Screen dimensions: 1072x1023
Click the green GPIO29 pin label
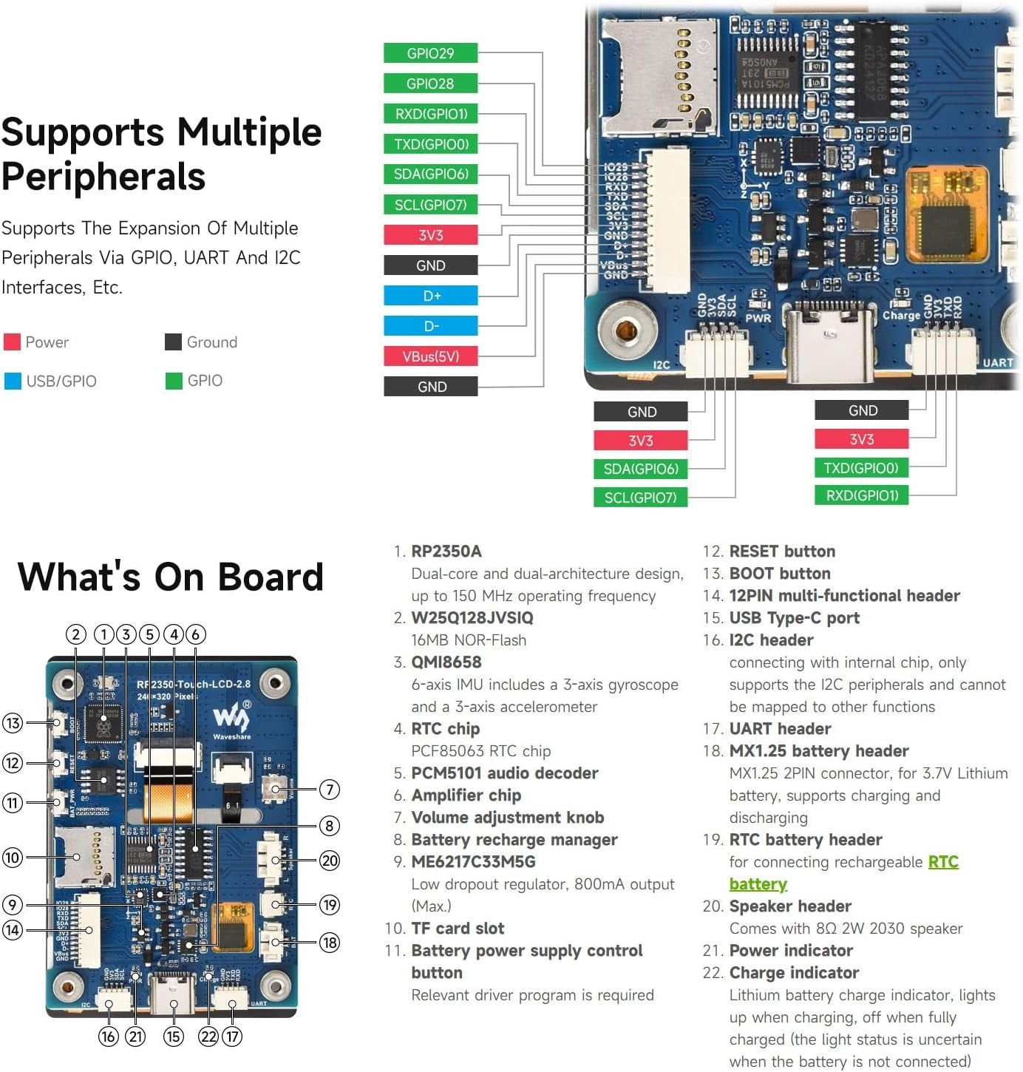pos(430,53)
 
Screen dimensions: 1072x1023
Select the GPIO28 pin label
pos(430,84)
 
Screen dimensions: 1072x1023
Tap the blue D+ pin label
pos(431,296)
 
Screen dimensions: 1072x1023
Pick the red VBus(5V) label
pos(431,356)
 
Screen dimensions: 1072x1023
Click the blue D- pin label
pos(431,326)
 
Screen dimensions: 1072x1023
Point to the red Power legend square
pos(12,342)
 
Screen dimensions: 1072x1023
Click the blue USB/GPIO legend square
pos(13,381)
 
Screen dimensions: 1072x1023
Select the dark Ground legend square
pos(173,342)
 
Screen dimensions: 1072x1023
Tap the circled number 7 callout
pos(330,790)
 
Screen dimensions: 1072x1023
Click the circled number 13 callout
pos(13,723)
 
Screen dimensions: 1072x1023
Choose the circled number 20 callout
pos(330,861)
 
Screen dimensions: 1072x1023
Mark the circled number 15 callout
pos(174,1037)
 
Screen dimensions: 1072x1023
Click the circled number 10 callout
pos(13,858)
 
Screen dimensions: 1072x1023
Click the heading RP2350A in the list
pos(446,552)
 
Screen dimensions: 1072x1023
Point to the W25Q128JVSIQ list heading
pos(472,618)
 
